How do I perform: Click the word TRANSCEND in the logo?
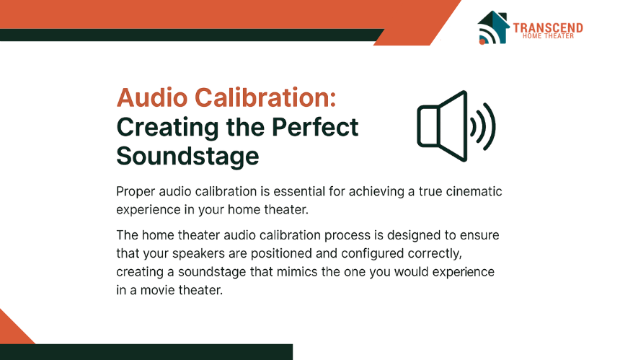click(x=548, y=27)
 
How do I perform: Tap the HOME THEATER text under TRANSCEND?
click(x=548, y=36)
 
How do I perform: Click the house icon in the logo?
click(x=493, y=27)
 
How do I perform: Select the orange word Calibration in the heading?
click(x=265, y=97)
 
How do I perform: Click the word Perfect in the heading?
click(x=315, y=127)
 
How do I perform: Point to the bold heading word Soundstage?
click(x=188, y=156)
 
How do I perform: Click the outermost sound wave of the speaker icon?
click(x=490, y=126)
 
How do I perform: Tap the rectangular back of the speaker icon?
click(x=428, y=126)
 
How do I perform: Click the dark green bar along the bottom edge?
click(x=146, y=352)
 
